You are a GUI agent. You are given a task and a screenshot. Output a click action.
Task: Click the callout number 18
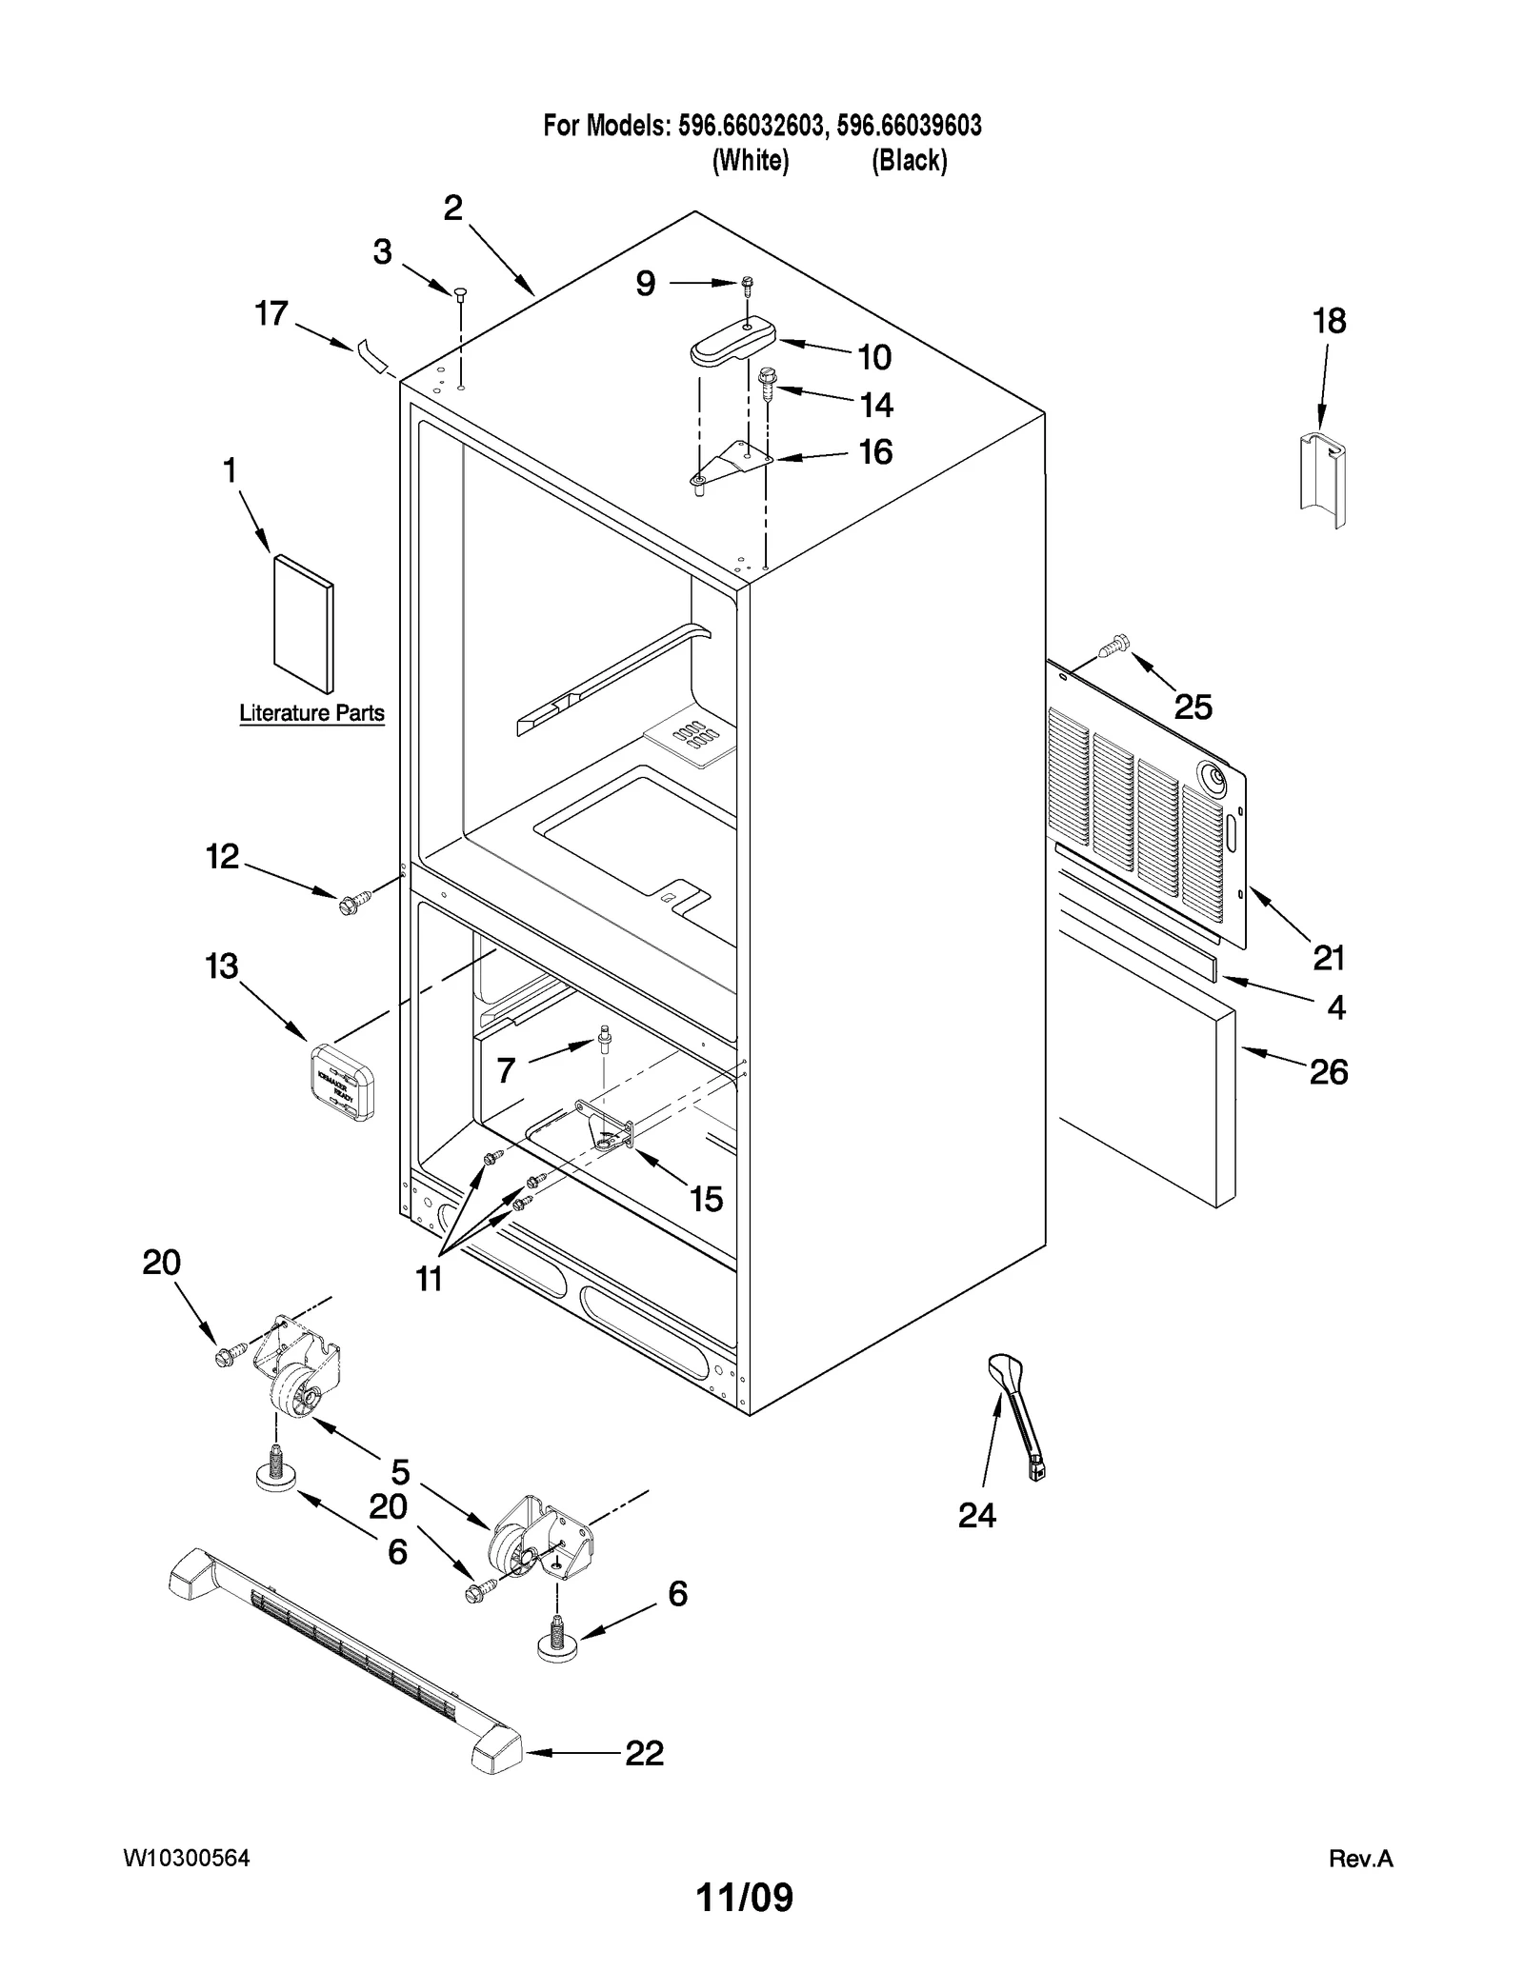[x=1329, y=321]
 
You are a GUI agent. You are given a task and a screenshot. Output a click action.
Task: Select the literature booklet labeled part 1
[x=304, y=623]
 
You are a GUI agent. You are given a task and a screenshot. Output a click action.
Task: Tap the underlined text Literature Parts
[x=311, y=712]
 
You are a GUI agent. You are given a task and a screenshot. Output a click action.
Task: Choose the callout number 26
[x=1328, y=1072]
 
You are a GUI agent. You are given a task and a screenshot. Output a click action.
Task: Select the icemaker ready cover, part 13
[x=342, y=1081]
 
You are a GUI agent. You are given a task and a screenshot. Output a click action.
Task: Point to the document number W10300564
[x=187, y=1858]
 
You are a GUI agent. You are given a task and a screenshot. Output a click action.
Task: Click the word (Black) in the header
[x=909, y=161]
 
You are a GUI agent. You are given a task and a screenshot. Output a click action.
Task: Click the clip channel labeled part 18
[x=1323, y=479]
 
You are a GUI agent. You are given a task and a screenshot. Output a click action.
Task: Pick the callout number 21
[x=1328, y=958]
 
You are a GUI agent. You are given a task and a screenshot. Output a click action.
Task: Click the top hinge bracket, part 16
[x=727, y=464]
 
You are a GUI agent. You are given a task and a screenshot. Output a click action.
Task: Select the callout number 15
[x=706, y=1198]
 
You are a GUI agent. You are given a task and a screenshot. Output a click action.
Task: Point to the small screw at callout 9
[x=748, y=283]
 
